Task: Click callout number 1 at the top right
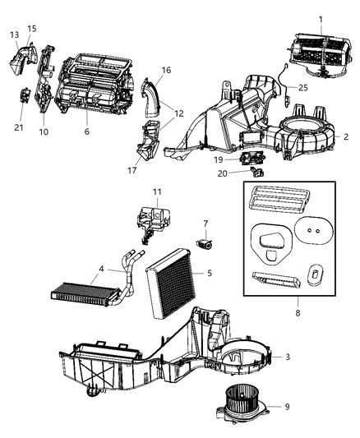coord(320,19)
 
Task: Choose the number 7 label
coord(205,223)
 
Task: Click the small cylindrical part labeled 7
coord(206,244)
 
